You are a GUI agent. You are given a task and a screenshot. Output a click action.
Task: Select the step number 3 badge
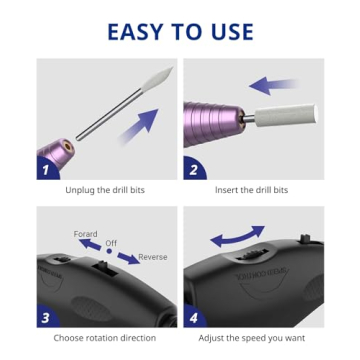coord(46,318)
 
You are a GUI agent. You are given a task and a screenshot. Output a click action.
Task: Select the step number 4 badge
coord(193,318)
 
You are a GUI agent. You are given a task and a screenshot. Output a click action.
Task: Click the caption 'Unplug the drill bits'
coord(106,190)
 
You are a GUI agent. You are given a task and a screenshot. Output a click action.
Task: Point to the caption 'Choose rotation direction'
coord(106,339)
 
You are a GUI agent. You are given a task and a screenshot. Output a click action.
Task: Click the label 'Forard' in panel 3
coord(86,233)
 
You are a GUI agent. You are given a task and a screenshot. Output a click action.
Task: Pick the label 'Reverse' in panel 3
coord(153,257)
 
